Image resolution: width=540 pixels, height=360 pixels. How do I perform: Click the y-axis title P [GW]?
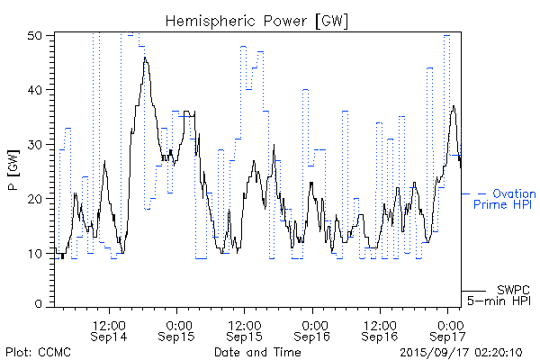(13, 171)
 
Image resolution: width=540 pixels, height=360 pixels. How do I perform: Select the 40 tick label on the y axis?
(36, 90)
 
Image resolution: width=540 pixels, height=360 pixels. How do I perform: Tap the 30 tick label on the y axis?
(36, 144)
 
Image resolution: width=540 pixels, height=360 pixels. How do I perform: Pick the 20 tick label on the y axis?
(36, 198)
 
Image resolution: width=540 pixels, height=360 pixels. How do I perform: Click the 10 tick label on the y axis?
(36, 253)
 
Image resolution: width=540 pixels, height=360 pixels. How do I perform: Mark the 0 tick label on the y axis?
(40, 306)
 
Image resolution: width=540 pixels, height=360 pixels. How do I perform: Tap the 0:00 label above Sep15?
(177, 321)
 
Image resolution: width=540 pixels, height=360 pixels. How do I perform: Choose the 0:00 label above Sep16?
(313, 321)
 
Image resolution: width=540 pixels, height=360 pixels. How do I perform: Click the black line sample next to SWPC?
(473, 291)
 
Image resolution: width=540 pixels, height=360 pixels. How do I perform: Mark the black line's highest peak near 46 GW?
(145, 58)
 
